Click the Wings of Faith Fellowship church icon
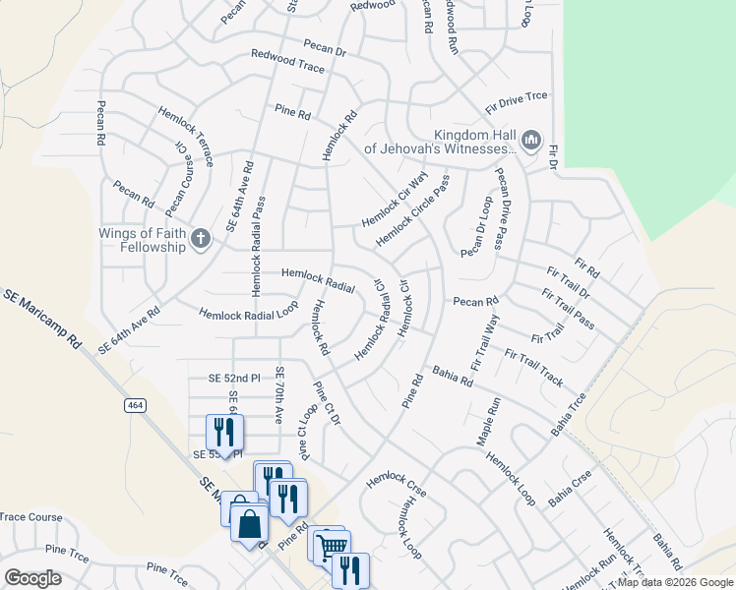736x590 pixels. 201,237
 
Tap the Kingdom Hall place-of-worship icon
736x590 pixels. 531,141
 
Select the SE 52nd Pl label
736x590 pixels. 234,378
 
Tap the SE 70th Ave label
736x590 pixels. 279,395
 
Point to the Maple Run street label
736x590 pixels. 489,422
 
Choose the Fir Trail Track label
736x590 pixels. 533,367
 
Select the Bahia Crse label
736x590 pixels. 570,488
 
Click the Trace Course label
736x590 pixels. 31,517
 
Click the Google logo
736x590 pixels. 32,578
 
